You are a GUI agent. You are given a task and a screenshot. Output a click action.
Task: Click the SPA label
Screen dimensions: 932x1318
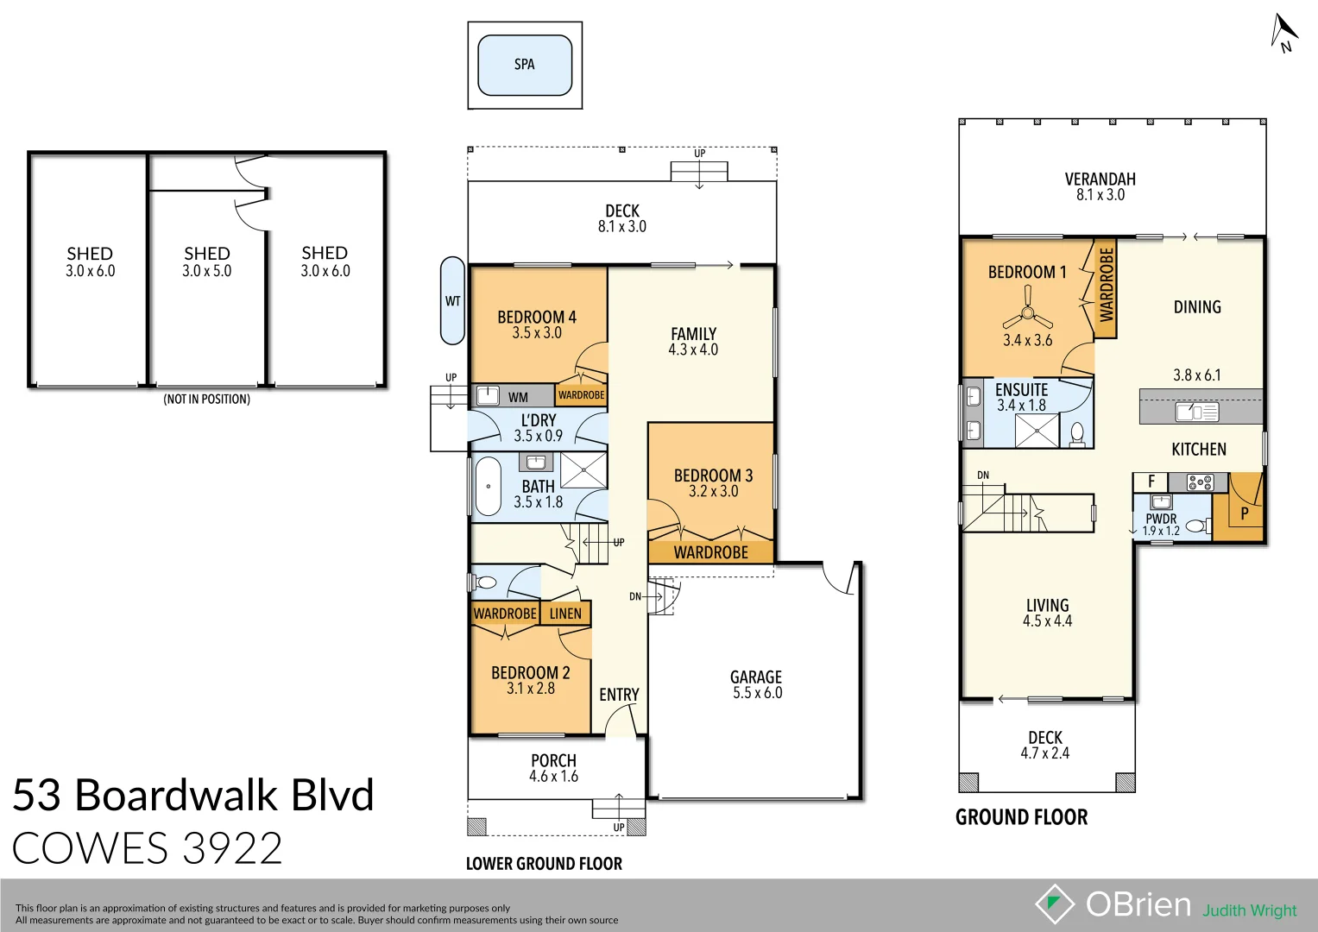coord(524,65)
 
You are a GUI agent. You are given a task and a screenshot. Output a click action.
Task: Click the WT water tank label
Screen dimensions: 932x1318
coord(452,301)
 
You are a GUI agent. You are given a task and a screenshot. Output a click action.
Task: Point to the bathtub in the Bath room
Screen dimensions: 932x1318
coord(488,487)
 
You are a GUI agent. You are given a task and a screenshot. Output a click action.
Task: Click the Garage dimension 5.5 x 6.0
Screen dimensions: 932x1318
coord(757,693)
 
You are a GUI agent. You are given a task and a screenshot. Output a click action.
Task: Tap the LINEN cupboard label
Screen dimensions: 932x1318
coord(565,614)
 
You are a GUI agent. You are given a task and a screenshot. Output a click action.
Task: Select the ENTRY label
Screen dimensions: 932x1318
coord(619,695)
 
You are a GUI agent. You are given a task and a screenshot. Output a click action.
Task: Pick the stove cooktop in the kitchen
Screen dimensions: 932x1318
coord(1200,482)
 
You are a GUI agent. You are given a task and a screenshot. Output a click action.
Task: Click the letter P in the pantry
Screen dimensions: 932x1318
coord(1244,513)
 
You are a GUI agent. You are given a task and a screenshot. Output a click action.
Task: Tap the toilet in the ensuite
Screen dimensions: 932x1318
coord(1077,432)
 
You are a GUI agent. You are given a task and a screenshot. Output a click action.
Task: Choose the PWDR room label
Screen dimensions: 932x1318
coord(1161,519)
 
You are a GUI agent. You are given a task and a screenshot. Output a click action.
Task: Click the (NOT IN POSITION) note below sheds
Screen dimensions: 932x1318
coord(207,400)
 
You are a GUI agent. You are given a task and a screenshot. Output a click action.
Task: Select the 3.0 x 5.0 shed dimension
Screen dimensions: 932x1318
coord(206,271)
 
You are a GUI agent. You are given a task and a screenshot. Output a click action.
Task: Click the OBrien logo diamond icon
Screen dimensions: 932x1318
coord(1054,904)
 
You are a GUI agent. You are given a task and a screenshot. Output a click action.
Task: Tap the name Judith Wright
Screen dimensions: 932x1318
coord(1249,910)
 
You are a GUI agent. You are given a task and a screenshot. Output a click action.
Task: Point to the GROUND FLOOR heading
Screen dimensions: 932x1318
coord(1021,817)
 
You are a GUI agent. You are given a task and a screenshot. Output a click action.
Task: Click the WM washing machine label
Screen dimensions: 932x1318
coord(518,397)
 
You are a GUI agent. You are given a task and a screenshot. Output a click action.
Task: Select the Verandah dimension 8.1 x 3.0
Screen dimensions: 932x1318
coord(1100,195)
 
